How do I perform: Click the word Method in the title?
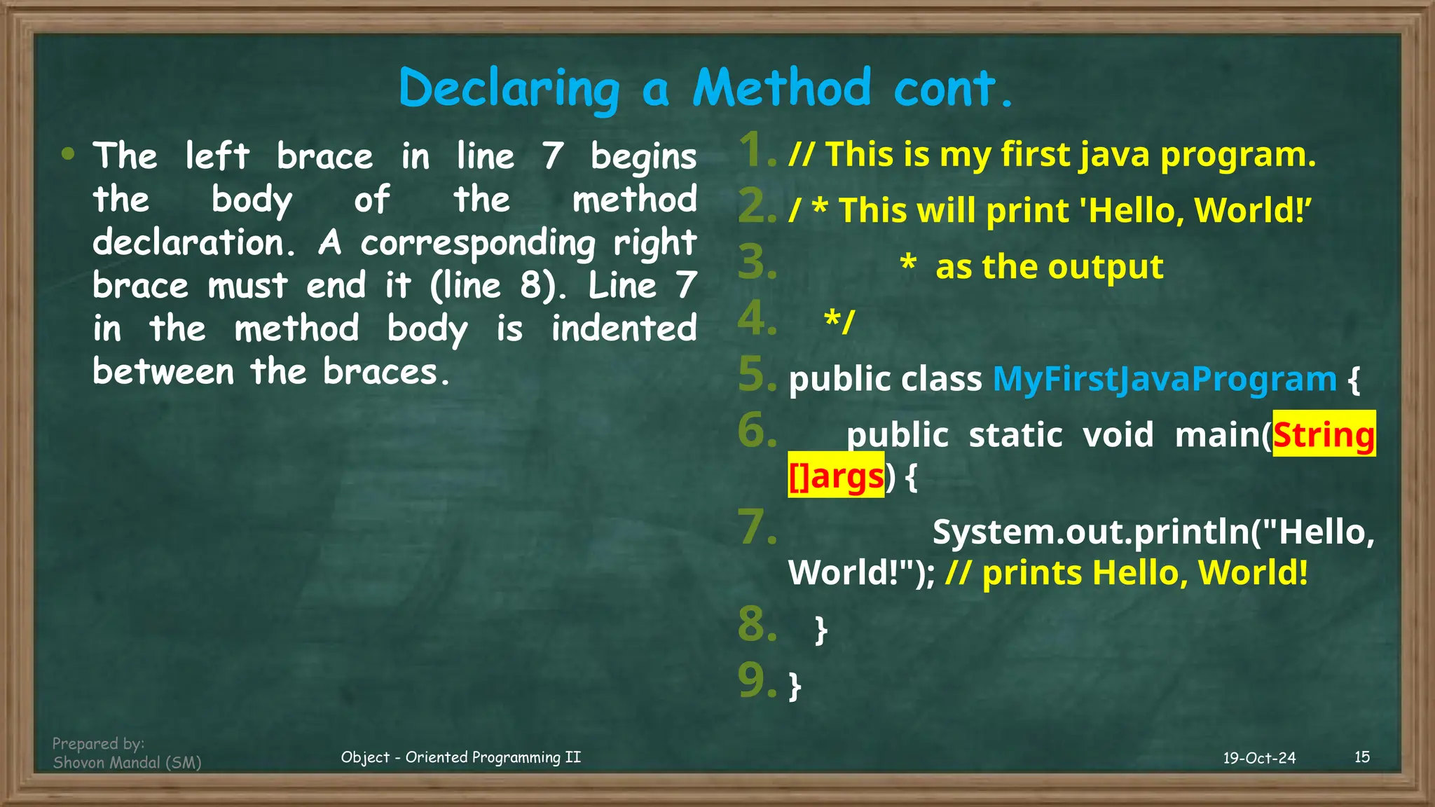point(781,88)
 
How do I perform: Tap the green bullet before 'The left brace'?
point(68,154)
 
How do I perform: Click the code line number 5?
point(757,375)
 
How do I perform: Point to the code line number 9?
point(757,681)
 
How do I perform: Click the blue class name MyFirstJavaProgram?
point(1165,379)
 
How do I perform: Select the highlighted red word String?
point(1324,434)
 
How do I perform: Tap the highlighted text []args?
point(836,476)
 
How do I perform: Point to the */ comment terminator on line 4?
point(839,321)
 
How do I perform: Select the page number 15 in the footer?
point(1362,757)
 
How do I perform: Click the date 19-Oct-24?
point(1259,758)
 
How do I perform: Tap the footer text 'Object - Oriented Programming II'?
point(460,757)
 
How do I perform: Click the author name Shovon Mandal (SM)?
point(127,763)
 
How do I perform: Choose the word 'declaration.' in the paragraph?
point(189,243)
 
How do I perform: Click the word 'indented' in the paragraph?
point(624,329)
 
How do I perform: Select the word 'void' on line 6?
point(1118,434)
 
